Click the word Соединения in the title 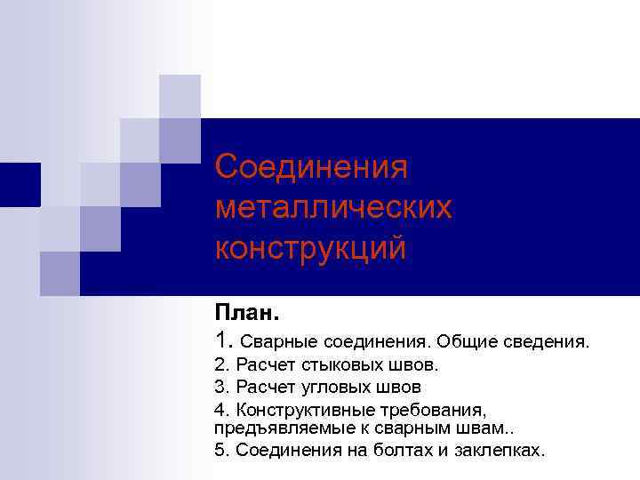point(310,166)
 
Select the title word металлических point(333,207)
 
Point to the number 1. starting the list point(224,339)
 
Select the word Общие point(465,340)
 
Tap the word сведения point(544,340)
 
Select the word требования point(440,410)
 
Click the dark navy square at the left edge point(20,185)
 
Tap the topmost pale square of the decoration point(179,96)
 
